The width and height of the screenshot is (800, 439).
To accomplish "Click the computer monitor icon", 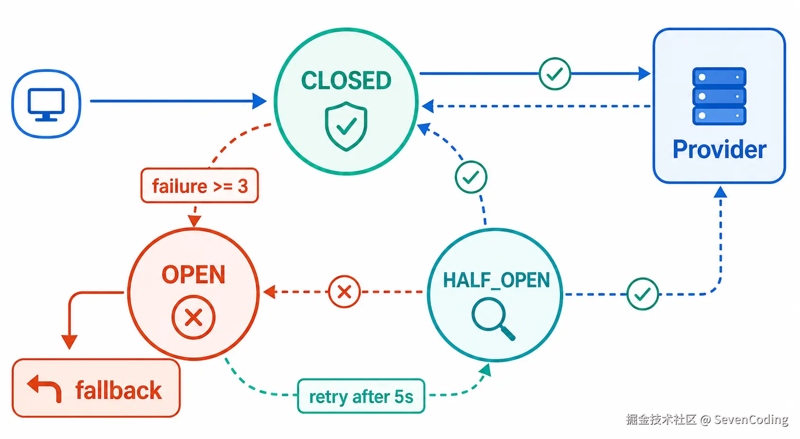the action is [46, 104].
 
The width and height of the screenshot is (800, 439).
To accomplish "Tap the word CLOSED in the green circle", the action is [346, 80].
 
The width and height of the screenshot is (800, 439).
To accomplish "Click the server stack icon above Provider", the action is [719, 96].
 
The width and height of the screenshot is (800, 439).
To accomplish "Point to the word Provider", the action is [720, 149].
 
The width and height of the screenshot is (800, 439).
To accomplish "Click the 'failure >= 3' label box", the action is [199, 186].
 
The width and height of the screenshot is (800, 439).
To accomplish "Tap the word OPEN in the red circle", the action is [194, 275].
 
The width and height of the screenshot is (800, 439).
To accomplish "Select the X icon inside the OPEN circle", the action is [194, 317].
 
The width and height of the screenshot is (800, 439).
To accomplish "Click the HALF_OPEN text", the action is [497, 280].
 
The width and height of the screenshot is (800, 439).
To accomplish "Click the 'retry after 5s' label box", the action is [361, 396].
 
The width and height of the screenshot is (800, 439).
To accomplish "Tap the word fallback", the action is [119, 390].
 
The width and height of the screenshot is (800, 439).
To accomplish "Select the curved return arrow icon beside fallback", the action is [44, 388].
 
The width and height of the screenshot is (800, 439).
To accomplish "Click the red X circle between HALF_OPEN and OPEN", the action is [344, 292].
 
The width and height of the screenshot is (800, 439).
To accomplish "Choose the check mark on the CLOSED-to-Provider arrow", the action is [555, 74].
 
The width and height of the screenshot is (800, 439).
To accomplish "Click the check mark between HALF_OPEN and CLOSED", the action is [471, 177].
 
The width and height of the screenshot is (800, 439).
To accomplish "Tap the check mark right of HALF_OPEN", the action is [643, 294].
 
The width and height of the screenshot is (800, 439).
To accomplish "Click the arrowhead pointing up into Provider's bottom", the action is [720, 192].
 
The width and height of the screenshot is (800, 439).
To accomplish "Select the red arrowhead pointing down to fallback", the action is [69, 342].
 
